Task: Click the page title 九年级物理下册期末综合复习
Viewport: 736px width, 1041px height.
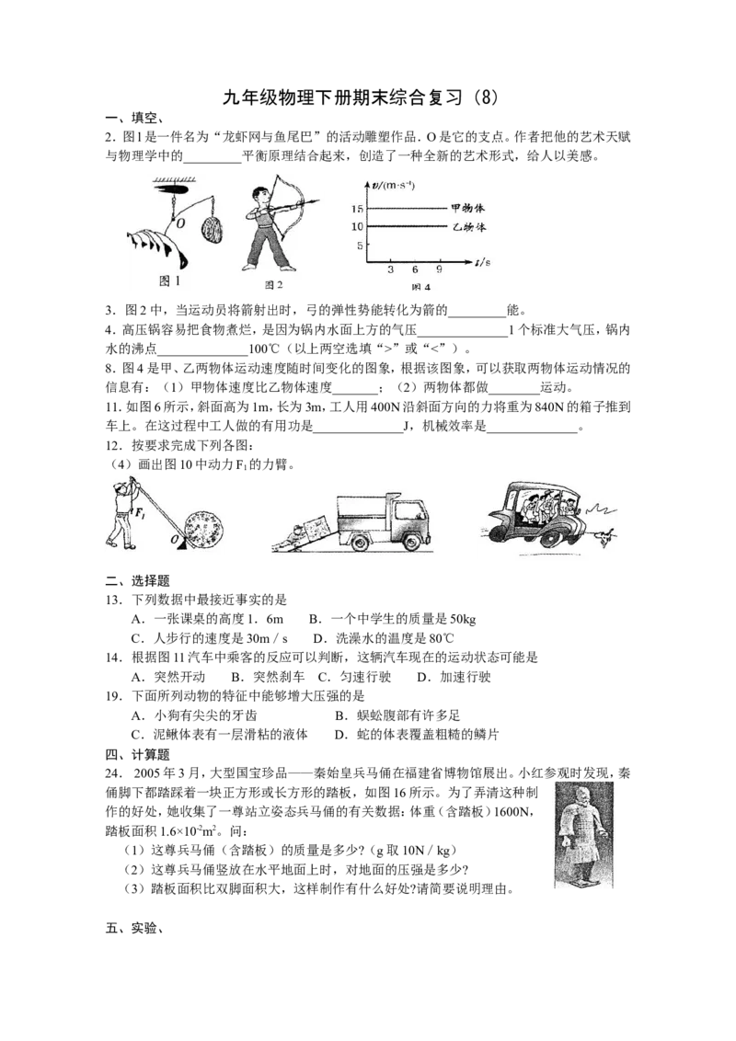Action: pyautogui.click(x=342, y=97)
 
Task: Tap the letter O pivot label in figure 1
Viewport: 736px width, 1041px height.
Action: pyautogui.click(x=180, y=223)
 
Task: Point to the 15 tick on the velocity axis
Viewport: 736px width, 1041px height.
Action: pyautogui.click(x=357, y=209)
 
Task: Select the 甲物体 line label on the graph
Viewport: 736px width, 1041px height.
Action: pyautogui.click(x=467, y=208)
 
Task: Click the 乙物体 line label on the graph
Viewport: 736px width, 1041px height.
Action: pyautogui.click(x=469, y=226)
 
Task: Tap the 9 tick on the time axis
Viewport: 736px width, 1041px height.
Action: pyautogui.click(x=439, y=269)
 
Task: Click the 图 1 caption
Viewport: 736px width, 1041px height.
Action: pyautogui.click(x=170, y=280)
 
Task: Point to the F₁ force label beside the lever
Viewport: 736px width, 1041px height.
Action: pyautogui.click(x=140, y=513)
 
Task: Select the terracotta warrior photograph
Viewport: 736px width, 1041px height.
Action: pyautogui.click(x=584, y=834)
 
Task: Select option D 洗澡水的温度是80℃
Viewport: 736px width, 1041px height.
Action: pyautogui.click(x=384, y=639)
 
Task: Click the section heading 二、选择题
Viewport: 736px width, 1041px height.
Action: pyautogui.click(x=137, y=581)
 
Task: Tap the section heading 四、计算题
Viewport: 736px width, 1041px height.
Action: pyautogui.click(x=137, y=754)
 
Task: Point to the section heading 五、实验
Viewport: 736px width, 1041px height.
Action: pyautogui.click(x=134, y=928)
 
